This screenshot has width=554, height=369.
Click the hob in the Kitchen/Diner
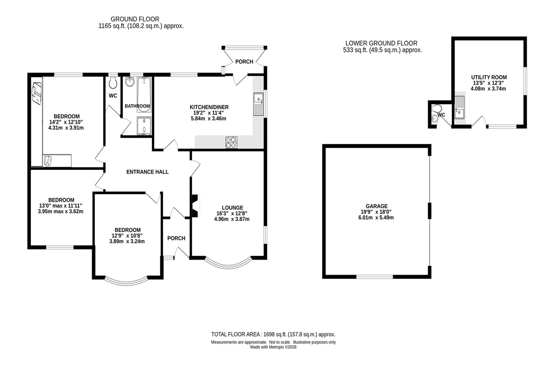pos(232,143)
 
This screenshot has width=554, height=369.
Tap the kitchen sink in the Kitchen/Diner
pos(258,104)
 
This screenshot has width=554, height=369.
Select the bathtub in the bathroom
pos(144,94)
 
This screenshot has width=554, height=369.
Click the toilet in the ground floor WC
pos(113,82)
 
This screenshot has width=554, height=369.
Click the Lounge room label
pos(232,208)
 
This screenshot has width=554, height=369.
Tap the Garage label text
pos(376,206)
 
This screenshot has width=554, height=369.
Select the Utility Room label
pos(489,77)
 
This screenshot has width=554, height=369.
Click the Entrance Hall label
pos(147,172)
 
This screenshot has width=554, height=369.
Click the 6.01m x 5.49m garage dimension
pos(376,218)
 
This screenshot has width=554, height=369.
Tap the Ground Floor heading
pos(135,19)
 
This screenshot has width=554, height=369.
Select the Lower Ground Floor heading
pos(381,43)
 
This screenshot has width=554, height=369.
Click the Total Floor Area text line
pos(273,334)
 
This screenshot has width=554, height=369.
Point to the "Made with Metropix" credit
pos(273,347)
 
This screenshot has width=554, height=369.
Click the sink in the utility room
pos(460,107)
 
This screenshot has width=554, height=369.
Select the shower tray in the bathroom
pos(144,126)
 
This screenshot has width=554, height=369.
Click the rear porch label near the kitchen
pos(244,62)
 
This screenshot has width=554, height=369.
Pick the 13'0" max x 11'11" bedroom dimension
pos(61,206)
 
